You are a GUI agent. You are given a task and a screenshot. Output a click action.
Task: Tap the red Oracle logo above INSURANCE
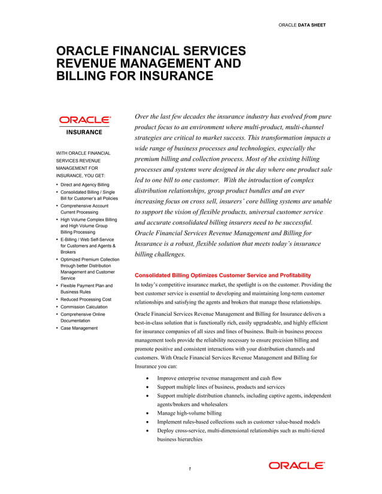pos(84,120)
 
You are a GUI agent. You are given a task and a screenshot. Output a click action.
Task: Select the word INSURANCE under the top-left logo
pos(84,132)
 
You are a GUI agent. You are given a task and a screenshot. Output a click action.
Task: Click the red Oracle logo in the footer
pos(296,465)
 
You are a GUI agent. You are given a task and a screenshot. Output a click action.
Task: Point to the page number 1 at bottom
pos(189,468)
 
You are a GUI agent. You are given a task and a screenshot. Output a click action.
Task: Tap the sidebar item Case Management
pos(82,328)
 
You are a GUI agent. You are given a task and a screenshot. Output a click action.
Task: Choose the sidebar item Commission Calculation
pos(87,306)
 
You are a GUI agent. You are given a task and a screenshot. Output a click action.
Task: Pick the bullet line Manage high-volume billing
pos(189,413)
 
